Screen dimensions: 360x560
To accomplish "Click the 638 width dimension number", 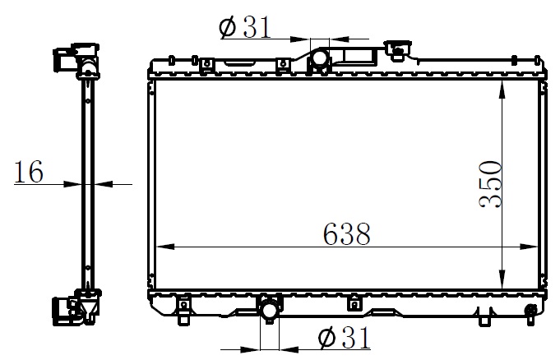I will pyautogui.click(x=346, y=234).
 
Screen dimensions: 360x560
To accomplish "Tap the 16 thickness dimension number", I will pyautogui.click(x=29, y=173).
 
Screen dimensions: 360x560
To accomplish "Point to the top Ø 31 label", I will pyautogui.click(x=245, y=28).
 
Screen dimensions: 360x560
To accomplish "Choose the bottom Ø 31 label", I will pyautogui.click(x=342, y=337).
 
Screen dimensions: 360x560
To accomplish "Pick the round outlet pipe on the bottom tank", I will pyautogui.click(x=270, y=310).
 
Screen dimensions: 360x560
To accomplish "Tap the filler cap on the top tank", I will pyautogui.click(x=399, y=51).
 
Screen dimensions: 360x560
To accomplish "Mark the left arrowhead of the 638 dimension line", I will pyautogui.click(x=161, y=247).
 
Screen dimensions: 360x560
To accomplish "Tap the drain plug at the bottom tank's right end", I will pyautogui.click(x=532, y=310).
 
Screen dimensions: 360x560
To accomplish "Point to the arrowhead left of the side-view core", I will pyautogui.click(x=76, y=185).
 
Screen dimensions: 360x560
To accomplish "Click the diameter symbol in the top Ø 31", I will pyautogui.click(x=228, y=28).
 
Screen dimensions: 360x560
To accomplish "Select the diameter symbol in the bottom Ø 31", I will pyautogui.click(x=325, y=337).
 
